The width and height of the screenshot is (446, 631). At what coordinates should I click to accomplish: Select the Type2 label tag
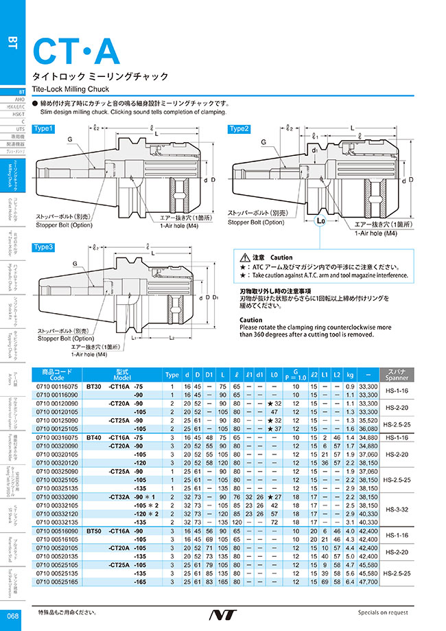coord(239,128)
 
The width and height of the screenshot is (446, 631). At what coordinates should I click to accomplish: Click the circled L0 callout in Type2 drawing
coord(320,222)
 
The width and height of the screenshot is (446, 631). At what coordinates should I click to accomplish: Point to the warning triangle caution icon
coord(238,256)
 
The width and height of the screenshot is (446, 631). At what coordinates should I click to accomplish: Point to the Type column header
coord(171,375)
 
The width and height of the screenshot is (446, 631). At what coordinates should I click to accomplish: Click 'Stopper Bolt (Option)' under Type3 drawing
coord(66,338)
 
